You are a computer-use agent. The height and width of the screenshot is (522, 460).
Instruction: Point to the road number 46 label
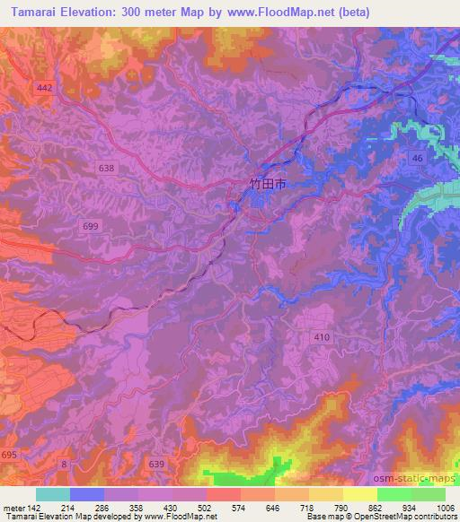pos(416,158)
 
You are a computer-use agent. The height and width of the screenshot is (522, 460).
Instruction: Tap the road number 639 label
pos(156,464)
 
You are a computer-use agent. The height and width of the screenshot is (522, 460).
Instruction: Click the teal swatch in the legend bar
pos(53,494)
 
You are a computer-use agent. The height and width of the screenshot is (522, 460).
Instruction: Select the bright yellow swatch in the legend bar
pos(360,494)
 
